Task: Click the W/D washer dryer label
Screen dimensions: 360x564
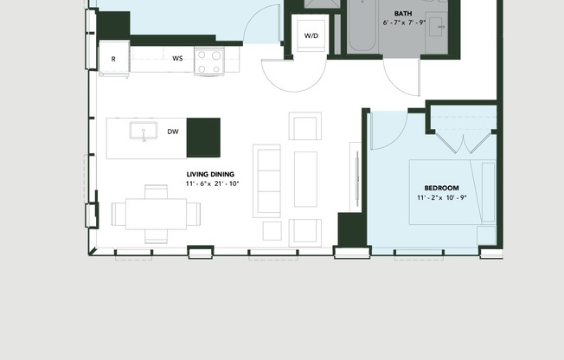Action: coord(311,35)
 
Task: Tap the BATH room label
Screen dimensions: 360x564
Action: coord(403,14)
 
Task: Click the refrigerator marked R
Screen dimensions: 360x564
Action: coord(113,59)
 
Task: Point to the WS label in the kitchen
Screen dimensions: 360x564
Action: coord(177,59)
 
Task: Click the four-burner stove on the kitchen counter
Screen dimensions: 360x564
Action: coord(209,61)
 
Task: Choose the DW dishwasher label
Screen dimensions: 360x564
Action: coord(173,132)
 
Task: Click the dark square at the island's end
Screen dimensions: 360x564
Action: coord(203,138)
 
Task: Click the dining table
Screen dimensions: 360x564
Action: coord(156,213)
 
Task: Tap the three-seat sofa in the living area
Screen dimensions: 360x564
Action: coord(267,180)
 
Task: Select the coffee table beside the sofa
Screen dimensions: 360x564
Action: coord(305,179)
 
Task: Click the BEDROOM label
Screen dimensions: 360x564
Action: coord(441,188)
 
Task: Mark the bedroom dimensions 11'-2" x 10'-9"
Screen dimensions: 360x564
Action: coord(441,198)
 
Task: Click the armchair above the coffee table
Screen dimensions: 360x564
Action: coord(304,127)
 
